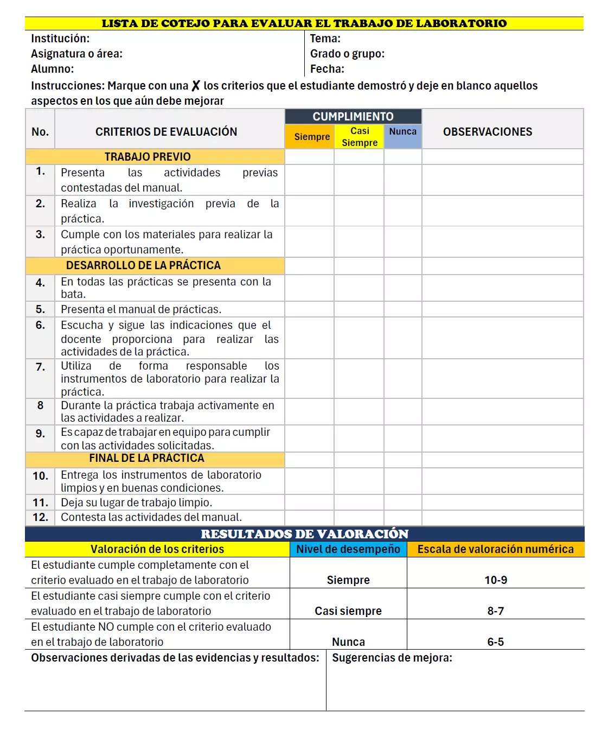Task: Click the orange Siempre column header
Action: click(311, 137)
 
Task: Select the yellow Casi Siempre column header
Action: click(360, 137)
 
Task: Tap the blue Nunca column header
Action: click(402, 132)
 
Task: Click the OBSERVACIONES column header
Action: click(487, 132)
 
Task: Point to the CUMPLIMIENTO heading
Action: click(353, 117)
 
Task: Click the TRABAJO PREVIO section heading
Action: click(148, 157)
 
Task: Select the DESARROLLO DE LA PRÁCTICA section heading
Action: click(143, 265)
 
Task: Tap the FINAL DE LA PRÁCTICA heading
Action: click(146, 459)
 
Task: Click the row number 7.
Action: click(40, 367)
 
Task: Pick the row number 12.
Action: click(40, 518)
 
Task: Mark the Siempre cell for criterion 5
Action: click(309, 309)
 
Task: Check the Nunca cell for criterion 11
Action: click(402, 503)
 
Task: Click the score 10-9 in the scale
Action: click(495, 580)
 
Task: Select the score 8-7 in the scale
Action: click(495, 611)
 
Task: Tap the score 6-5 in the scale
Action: click(495, 642)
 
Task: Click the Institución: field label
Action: click(60, 39)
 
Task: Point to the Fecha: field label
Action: click(327, 69)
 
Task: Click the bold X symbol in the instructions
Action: click(196, 86)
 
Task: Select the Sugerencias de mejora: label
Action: click(392, 658)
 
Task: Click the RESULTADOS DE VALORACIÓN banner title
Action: click(304, 534)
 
